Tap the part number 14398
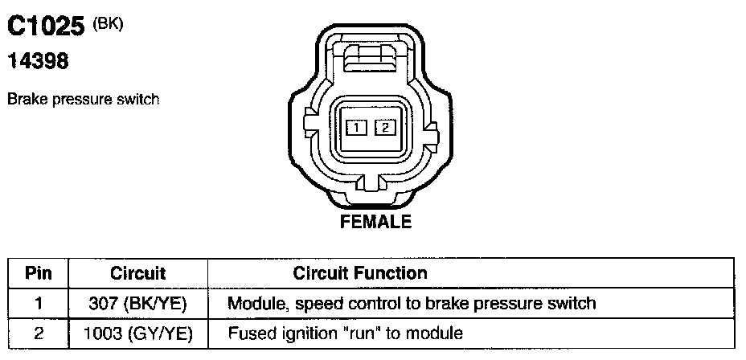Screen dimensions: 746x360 click(x=38, y=60)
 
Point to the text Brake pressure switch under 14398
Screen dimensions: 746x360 click(x=83, y=100)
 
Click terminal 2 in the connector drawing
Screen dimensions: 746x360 click(x=385, y=126)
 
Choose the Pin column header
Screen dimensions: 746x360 click(x=38, y=273)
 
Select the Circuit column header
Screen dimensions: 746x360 click(x=137, y=273)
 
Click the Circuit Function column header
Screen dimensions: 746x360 click(x=360, y=273)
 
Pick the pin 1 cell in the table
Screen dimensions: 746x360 click(x=38, y=304)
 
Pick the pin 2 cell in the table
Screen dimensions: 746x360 click(x=38, y=333)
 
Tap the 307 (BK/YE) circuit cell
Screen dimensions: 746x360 click(x=137, y=304)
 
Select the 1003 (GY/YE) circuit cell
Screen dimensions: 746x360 click(x=137, y=333)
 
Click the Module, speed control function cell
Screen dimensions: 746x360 click(x=412, y=304)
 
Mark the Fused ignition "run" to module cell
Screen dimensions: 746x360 click(x=346, y=333)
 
